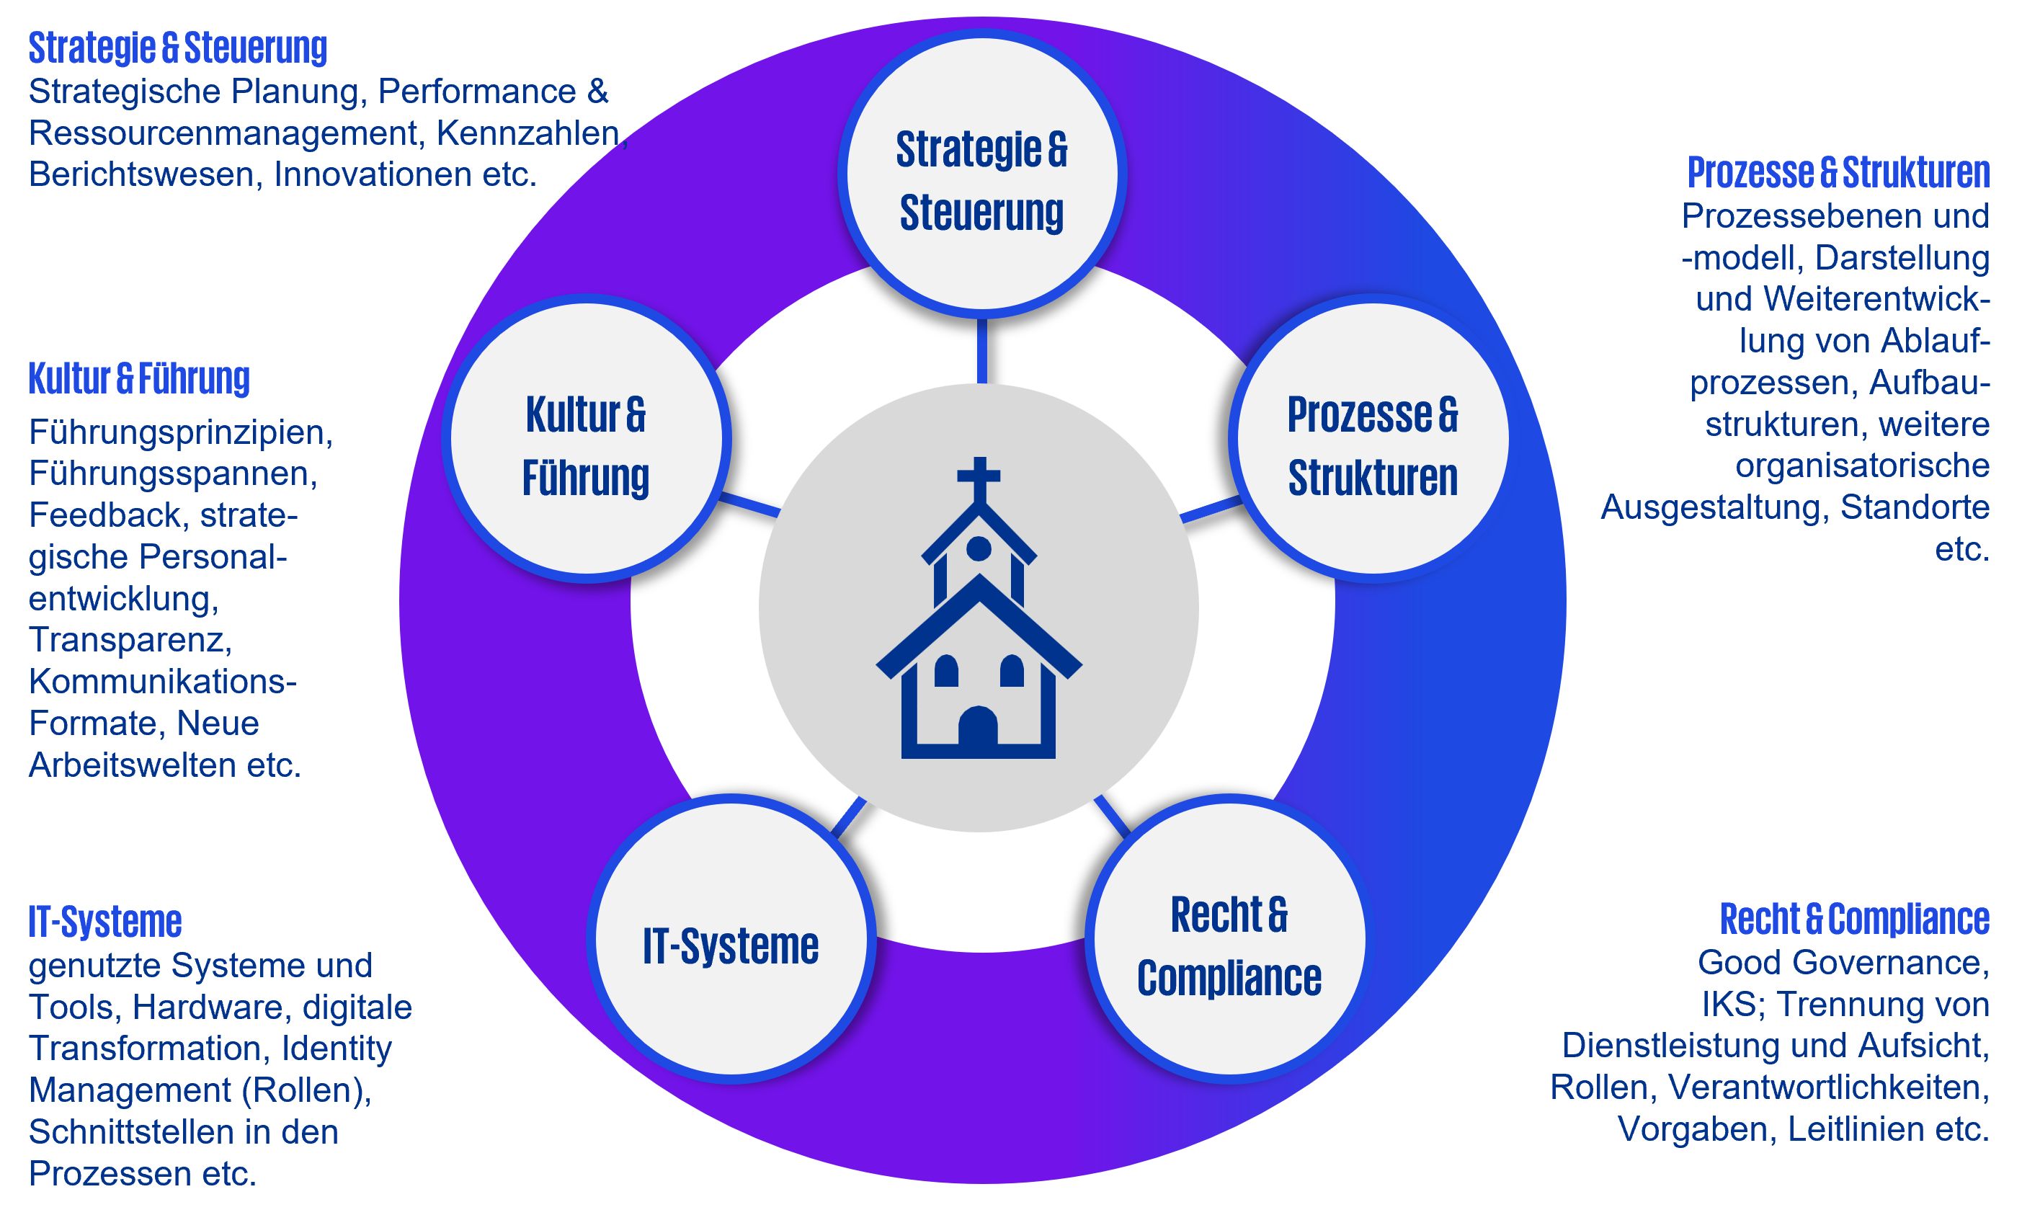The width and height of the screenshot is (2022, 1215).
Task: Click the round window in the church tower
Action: (x=979, y=548)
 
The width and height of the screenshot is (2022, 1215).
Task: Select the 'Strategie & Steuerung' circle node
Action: (x=981, y=174)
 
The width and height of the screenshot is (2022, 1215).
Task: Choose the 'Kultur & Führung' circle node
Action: (x=586, y=440)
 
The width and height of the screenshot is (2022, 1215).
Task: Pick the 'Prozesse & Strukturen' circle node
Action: (x=1373, y=440)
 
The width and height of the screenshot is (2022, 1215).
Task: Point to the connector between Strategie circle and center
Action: (x=981, y=350)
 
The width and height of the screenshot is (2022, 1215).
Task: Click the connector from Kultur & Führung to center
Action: (x=749, y=504)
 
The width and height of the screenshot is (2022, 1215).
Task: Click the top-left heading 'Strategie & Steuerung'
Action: (x=178, y=48)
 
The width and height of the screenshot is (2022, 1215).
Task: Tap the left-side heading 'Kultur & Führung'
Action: (x=139, y=378)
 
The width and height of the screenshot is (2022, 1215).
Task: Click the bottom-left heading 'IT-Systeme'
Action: (x=104, y=921)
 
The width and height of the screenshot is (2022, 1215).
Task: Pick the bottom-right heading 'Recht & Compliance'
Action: (x=1854, y=919)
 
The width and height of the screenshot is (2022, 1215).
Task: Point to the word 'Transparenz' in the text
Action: (x=130, y=639)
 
